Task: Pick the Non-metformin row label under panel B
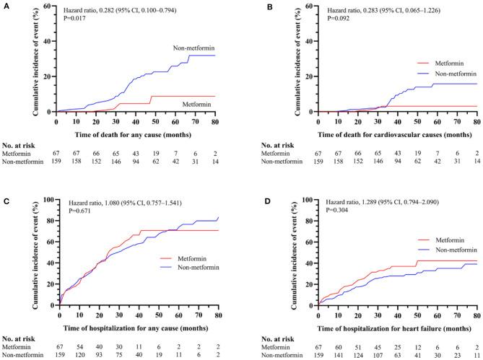[x=271, y=162]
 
